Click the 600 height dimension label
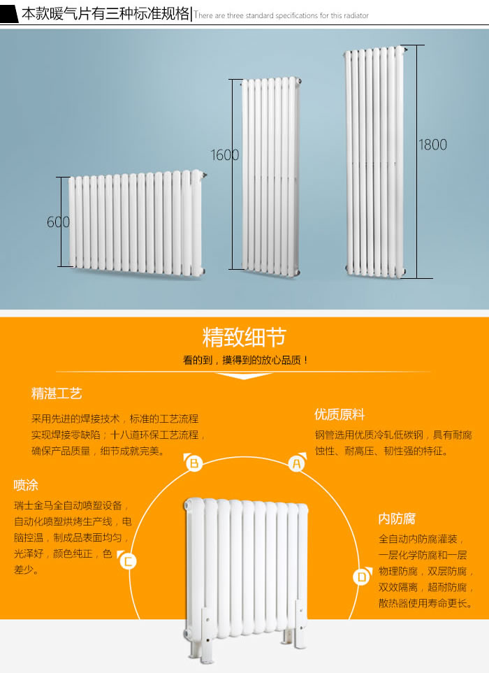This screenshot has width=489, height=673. click(59, 222)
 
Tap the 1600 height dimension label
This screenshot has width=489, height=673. click(225, 155)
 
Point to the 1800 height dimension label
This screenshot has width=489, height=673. click(432, 145)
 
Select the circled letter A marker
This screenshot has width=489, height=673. click(297, 462)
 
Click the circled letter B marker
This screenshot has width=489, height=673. click(194, 462)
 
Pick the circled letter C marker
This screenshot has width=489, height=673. click(127, 560)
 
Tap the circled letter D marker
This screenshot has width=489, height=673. click(361, 577)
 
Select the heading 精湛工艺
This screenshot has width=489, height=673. click(57, 393)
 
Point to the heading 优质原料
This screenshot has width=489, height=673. click(340, 414)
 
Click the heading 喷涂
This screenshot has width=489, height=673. click(26, 485)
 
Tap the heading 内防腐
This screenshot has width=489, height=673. click(397, 519)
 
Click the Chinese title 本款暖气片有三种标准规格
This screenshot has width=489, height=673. click(105, 14)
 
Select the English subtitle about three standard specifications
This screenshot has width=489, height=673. click(282, 15)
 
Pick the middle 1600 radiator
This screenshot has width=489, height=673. click(271, 175)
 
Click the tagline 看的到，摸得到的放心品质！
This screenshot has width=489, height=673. click(245, 361)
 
